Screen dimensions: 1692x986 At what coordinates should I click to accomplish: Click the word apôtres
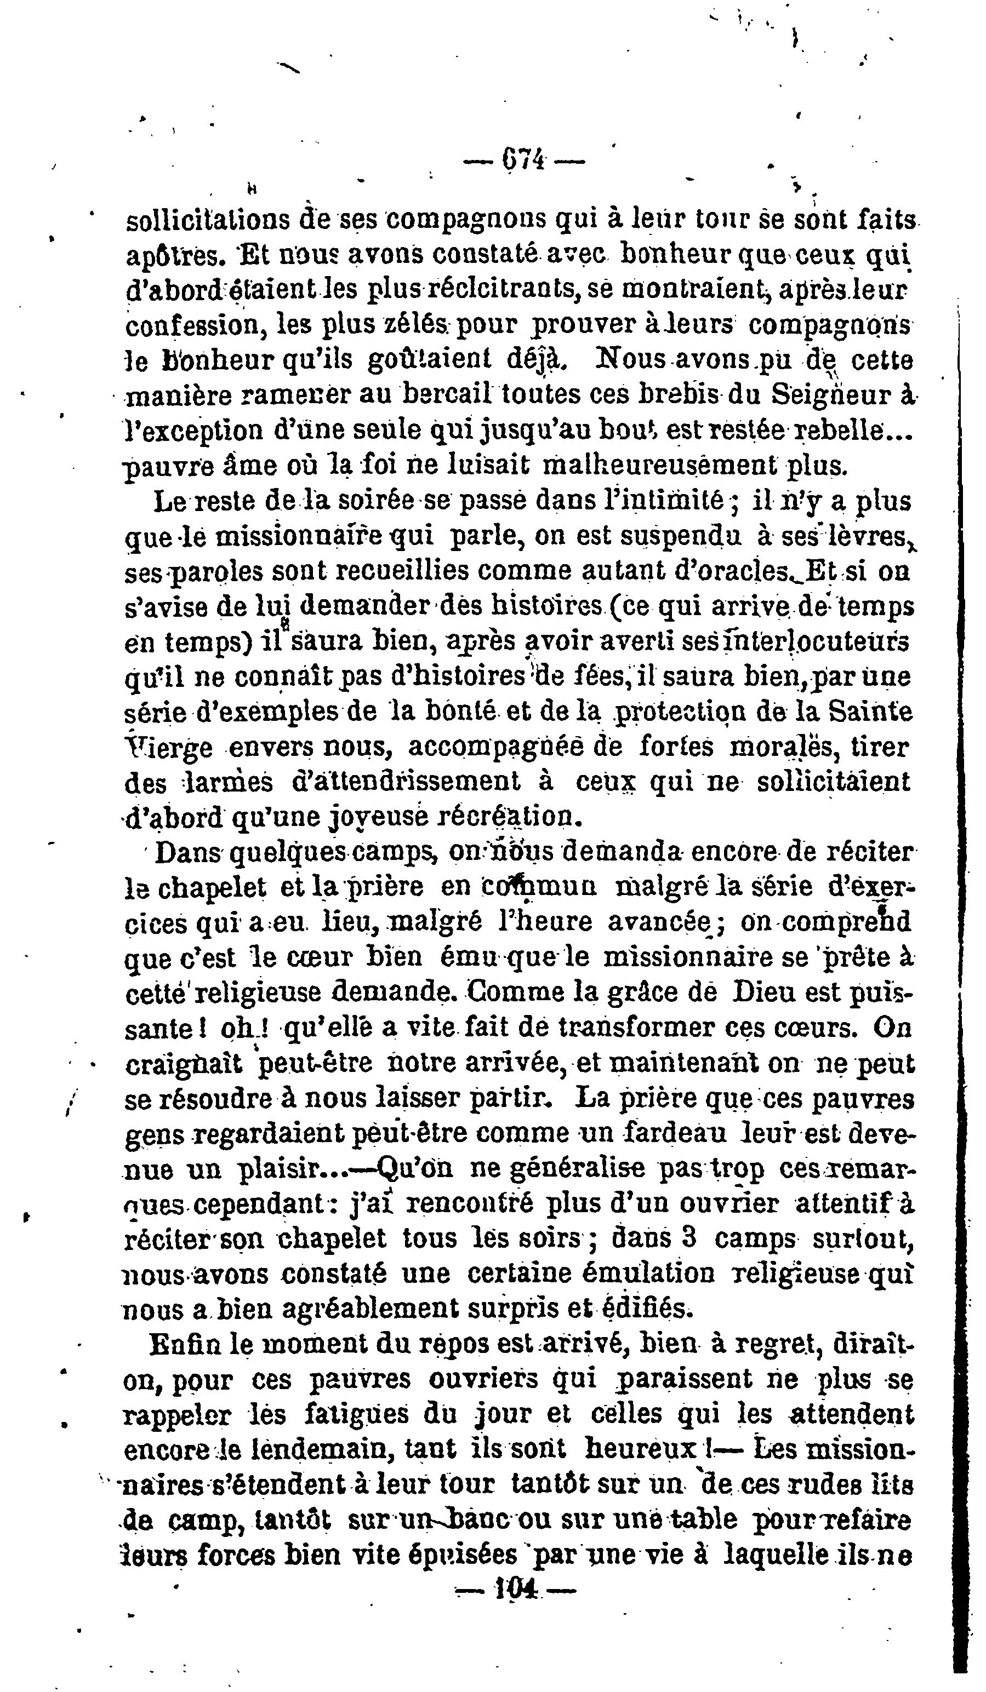click(170, 256)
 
